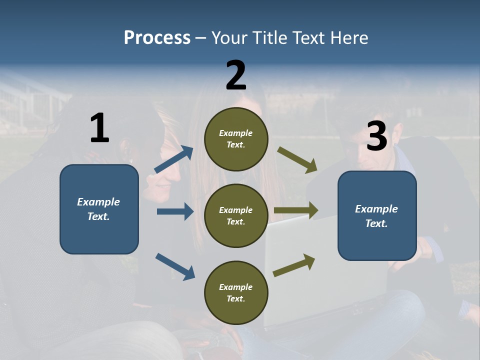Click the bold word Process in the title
(157, 38)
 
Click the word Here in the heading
(348, 38)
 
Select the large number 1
(99, 128)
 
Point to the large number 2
(236, 75)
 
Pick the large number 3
(376, 136)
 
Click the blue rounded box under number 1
(99, 209)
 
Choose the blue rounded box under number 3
(377, 216)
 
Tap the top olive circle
(236, 139)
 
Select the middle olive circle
(236, 215)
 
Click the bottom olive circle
(236, 292)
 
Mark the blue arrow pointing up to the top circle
(174, 159)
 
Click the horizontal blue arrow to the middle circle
(175, 211)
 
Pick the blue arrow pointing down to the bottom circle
(175, 266)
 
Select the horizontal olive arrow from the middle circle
(296, 210)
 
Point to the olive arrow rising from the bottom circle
(294, 265)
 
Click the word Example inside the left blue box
(98, 202)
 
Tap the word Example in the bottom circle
(236, 287)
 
